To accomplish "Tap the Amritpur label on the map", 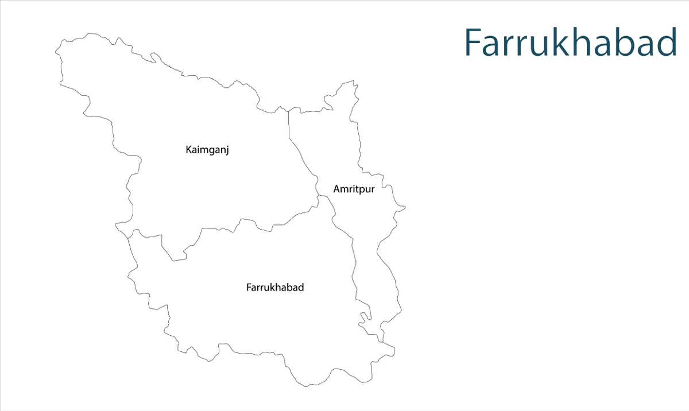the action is point(354,189).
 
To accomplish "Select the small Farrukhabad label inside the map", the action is point(275,288).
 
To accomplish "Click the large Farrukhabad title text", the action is point(570,42).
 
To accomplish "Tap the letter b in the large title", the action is point(627,42).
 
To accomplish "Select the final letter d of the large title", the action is point(667,42).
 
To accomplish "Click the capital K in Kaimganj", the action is point(189,150).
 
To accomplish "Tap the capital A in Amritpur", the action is point(336,189).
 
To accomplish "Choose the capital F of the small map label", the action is point(249,288).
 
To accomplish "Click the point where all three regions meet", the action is point(319,196).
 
